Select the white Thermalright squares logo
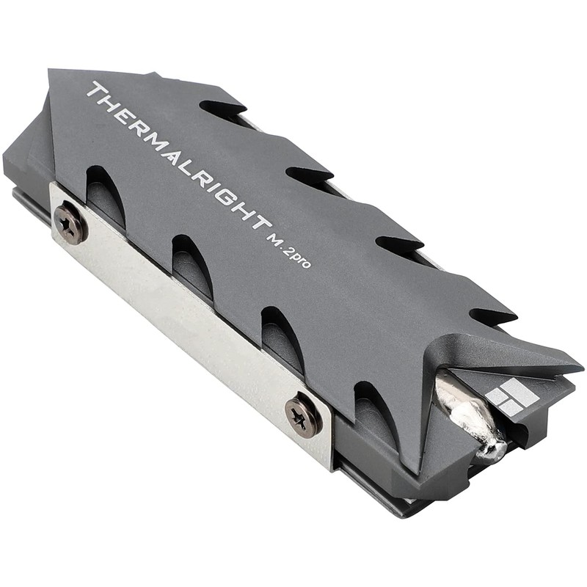coord(512,396)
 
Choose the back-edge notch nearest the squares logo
coord(492,316)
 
